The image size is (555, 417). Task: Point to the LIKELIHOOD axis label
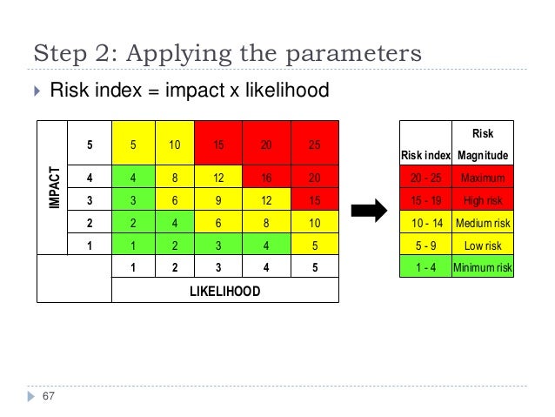(224, 291)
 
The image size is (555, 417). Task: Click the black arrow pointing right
(369, 210)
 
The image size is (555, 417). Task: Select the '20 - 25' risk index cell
(425, 178)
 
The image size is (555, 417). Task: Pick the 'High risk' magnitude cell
(483, 201)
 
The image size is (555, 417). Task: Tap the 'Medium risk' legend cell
(483, 224)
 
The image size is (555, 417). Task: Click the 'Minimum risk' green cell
(483, 267)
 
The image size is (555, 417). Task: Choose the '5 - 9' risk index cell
(425, 245)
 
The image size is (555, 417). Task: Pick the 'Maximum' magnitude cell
(483, 178)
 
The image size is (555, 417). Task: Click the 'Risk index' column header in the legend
(425, 156)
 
